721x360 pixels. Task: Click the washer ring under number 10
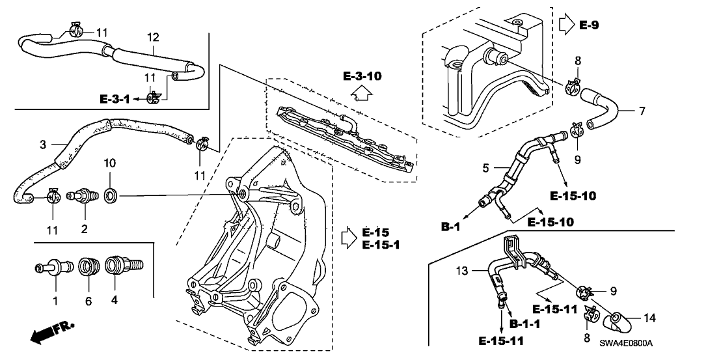[x=111, y=194]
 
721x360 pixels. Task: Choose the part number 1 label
[x=55, y=301]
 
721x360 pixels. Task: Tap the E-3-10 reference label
[x=362, y=77]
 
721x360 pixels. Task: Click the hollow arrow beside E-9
[x=565, y=25]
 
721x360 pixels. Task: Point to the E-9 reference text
[x=589, y=25]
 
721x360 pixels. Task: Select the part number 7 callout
[x=642, y=111]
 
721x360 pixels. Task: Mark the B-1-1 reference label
[x=524, y=324]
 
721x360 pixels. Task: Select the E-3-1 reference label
[x=115, y=99]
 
